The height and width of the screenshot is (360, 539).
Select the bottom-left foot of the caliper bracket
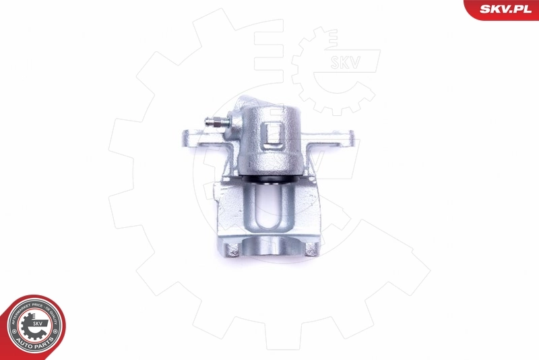(x=230, y=249)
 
